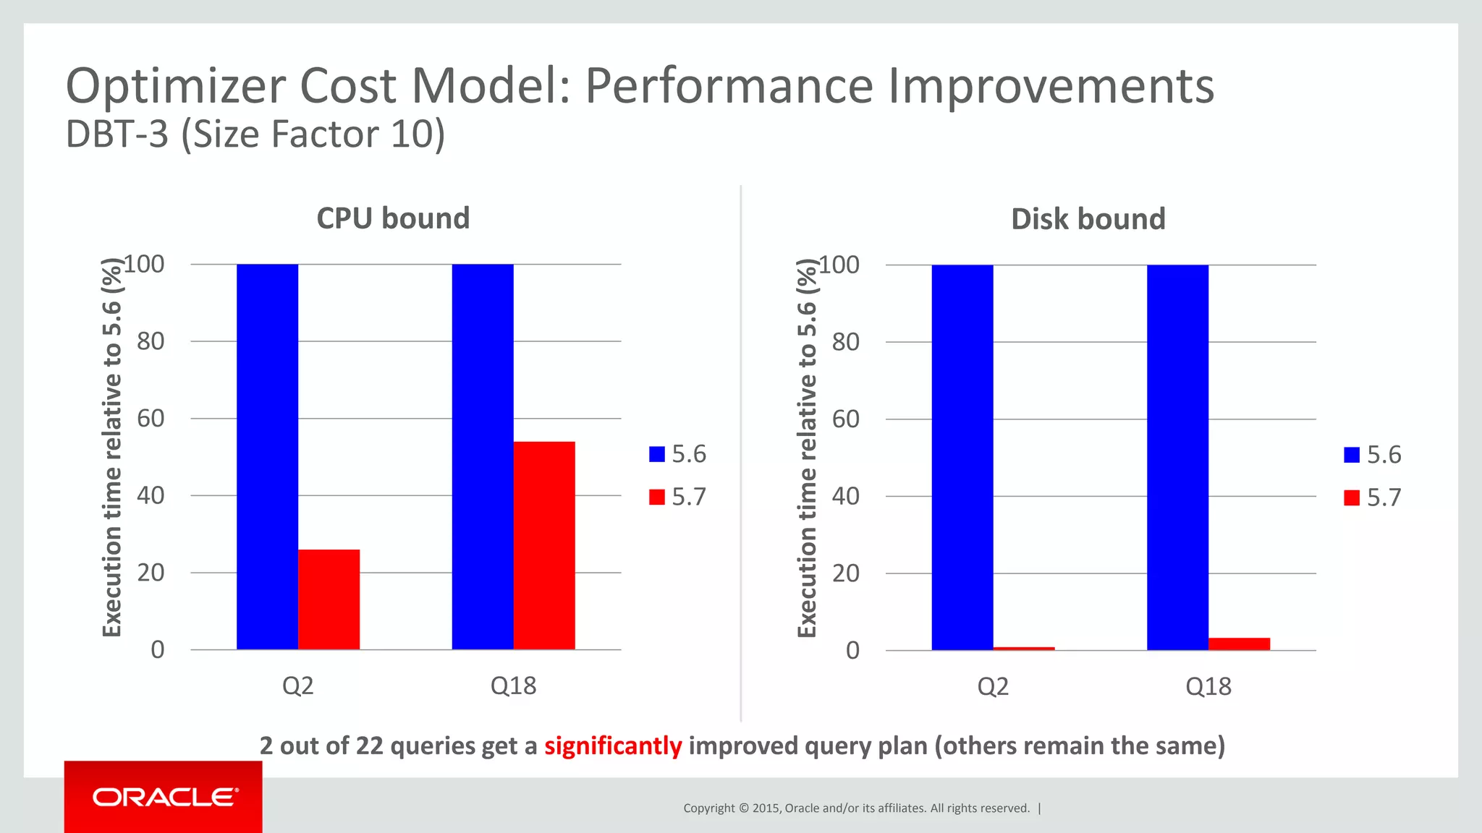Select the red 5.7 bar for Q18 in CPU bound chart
[x=544, y=545]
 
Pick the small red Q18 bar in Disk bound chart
[x=1239, y=644]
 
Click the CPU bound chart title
[x=393, y=218]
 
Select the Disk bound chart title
[x=1088, y=219]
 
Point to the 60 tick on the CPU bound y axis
[x=151, y=418]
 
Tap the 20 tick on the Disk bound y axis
[x=845, y=573]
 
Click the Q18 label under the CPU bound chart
[x=513, y=685]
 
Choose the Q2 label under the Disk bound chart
[x=992, y=686]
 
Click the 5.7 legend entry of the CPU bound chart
[x=678, y=497]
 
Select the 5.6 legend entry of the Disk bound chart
[x=1373, y=455]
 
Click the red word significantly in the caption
[x=613, y=746]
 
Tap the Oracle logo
[x=164, y=797]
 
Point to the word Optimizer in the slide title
[x=176, y=86]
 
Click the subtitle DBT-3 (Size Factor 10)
[x=255, y=134]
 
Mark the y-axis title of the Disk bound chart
[x=807, y=448]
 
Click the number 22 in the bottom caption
[x=369, y=746]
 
